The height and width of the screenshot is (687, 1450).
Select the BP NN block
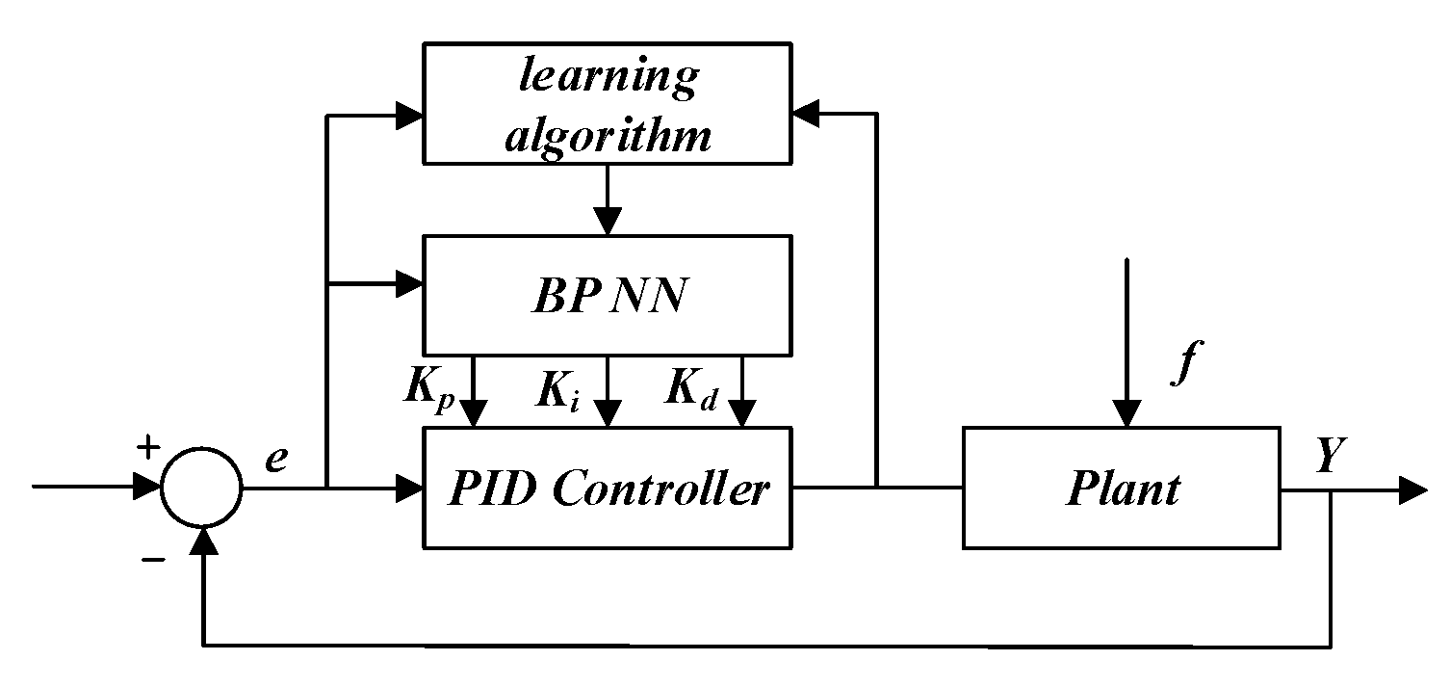607,295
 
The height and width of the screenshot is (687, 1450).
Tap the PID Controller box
607,489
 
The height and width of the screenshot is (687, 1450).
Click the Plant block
1122,489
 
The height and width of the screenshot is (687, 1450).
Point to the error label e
276,460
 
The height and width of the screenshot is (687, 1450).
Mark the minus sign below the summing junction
152,559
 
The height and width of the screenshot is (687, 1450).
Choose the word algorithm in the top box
608,136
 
